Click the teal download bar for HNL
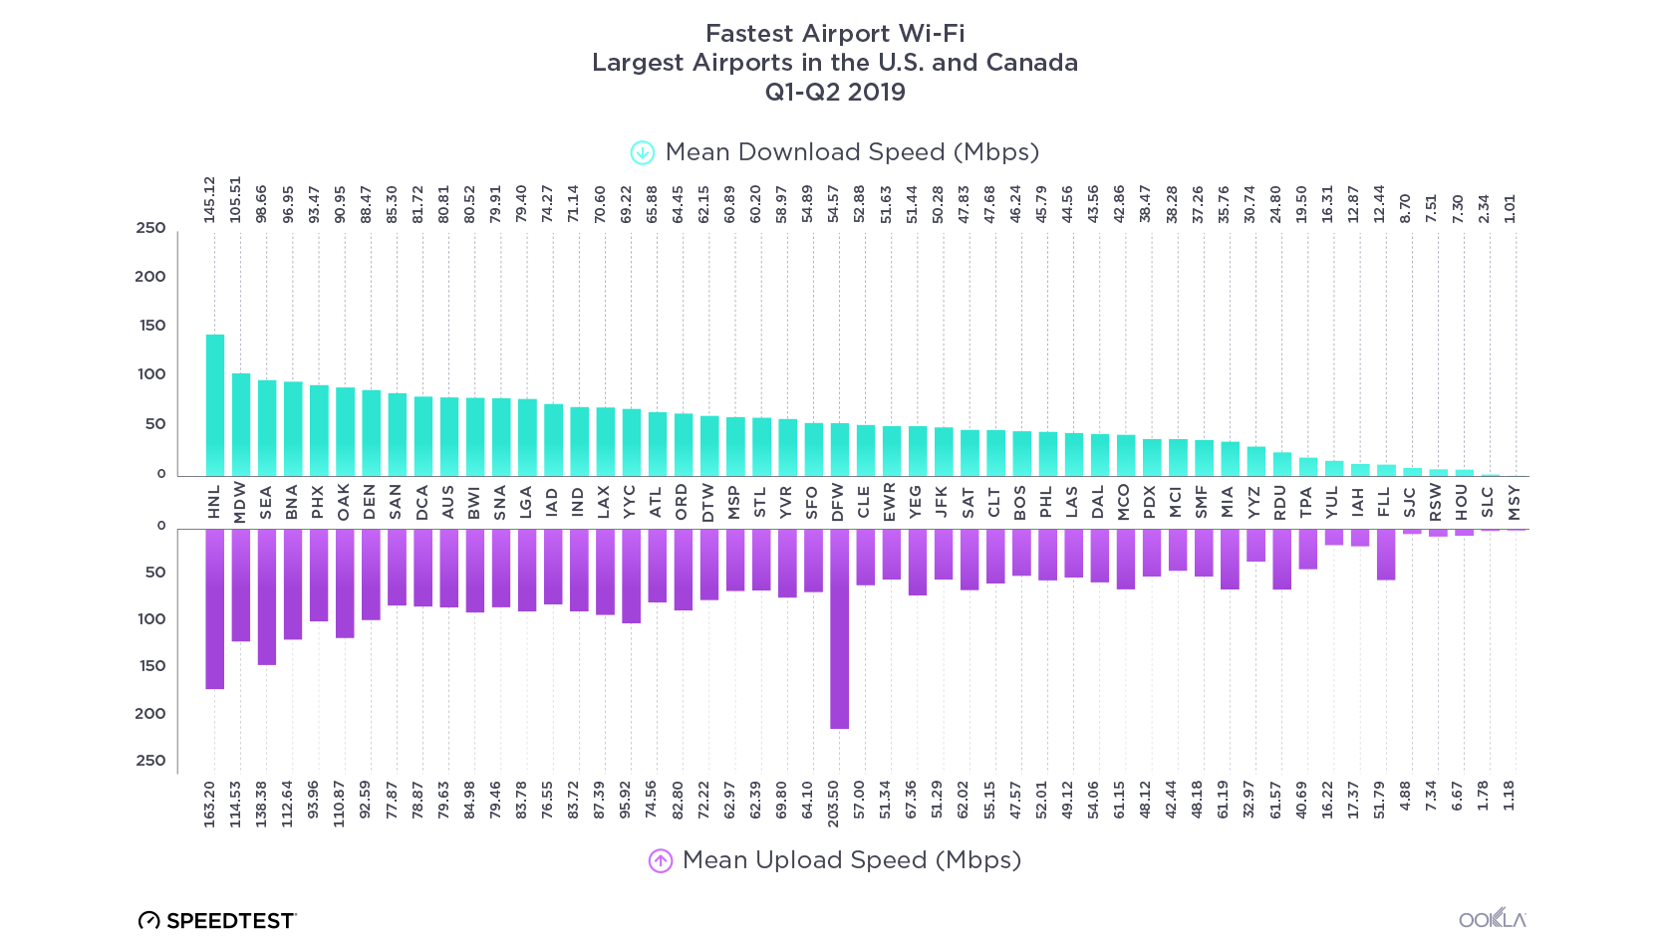(215, 405)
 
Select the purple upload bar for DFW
(839, 628)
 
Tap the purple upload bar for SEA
(267, 596)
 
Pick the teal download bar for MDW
(241, 424)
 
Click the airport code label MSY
(1515, 502)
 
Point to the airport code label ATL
(656, 502)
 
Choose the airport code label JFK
(942, 502)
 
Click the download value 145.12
(210, 199)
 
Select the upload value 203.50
(834, 804)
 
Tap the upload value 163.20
(210, 804)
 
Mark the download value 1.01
(1510, 208)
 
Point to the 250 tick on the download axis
(151, 228)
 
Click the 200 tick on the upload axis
(151, 713)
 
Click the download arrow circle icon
(643, 152)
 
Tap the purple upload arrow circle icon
(661, 860)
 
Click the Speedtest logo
(217, 920)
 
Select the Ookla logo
(1493, 918)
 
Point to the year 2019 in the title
(877, 92)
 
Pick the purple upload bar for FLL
(1386, 554)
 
